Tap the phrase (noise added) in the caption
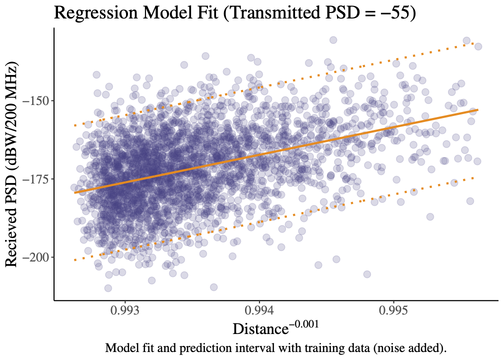point(408,348)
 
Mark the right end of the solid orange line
point(478,109)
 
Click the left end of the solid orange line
point(74,192)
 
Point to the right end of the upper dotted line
point(473,44)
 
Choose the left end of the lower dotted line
point(74,260)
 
